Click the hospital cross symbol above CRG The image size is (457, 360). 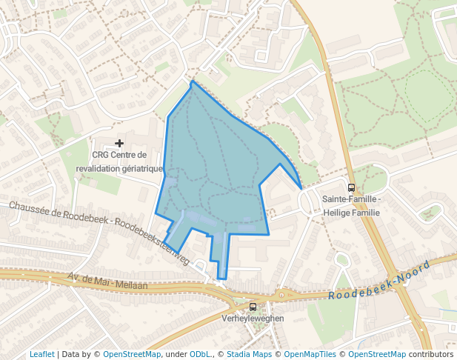119,142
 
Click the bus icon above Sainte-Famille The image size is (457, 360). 351,187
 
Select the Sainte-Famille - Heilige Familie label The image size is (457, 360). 351,206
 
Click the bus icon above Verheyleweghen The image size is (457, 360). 253,307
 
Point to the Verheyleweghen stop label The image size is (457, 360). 253,319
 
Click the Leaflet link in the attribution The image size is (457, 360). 42,354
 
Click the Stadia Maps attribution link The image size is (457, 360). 249,354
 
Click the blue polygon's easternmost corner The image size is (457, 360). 301,189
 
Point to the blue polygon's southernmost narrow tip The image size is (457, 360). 221,279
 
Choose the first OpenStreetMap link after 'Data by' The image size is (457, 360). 132,354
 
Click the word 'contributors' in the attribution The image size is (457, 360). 431,354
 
